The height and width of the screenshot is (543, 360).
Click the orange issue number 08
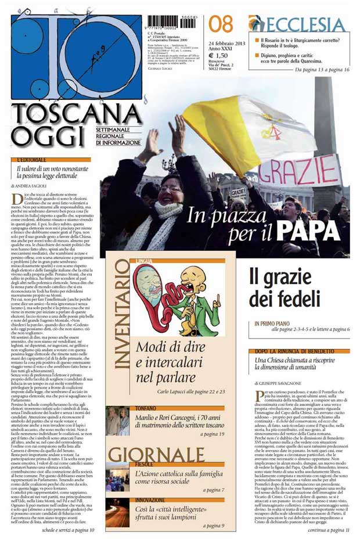point(221,24)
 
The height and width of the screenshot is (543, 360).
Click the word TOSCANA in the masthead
point(76,114)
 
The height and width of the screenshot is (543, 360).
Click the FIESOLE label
point(145,465)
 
